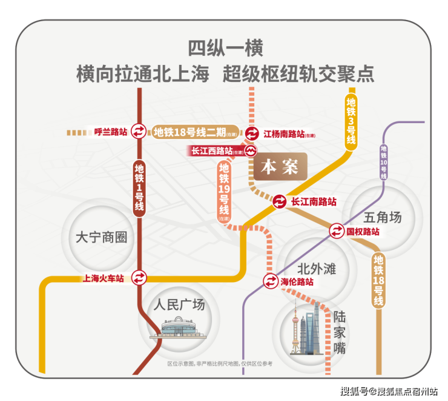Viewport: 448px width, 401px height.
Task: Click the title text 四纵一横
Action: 225,49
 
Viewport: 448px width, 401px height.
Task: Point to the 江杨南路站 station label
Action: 284,133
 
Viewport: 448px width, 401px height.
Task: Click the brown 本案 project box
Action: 280,166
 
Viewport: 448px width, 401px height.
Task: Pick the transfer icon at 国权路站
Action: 337,231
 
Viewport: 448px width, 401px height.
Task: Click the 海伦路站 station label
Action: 297,282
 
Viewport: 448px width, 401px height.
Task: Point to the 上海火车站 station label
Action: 103,278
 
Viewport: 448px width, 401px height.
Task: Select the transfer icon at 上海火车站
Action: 140,278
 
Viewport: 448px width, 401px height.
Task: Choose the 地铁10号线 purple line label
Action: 384,161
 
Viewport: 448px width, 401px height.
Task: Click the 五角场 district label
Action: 383,217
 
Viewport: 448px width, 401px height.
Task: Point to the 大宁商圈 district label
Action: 102,237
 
